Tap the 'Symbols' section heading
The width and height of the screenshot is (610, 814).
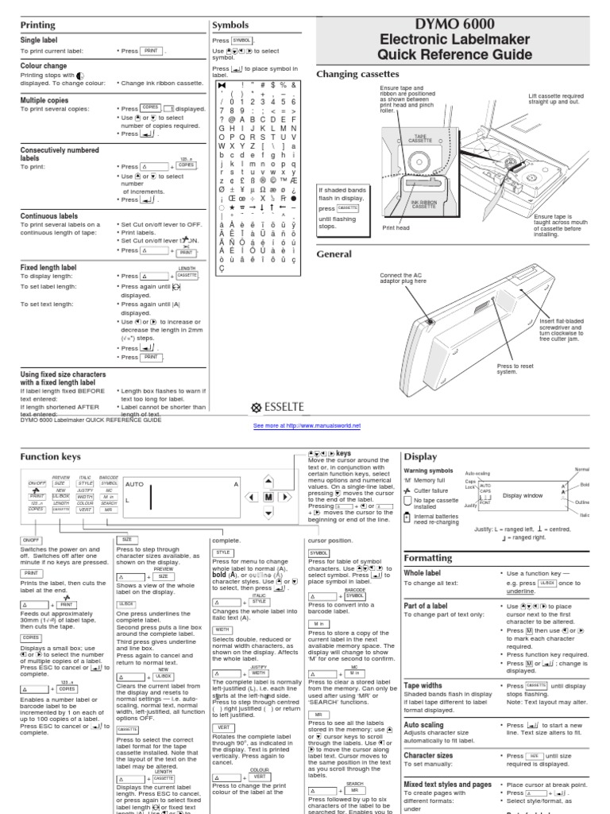[x=230, y=25]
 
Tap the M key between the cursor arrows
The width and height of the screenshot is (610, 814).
[x=269, y=496]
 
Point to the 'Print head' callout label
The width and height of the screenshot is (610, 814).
[x=396, y=227]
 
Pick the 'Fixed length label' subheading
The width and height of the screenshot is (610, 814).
[x=48, y=268]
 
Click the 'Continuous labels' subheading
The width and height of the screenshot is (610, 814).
[x=49, y=215]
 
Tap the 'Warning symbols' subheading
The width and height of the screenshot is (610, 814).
[x=430, y=471]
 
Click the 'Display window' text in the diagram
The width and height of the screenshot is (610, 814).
[x=522, y=495]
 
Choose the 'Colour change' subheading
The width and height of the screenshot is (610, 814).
[x=44, y=67]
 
